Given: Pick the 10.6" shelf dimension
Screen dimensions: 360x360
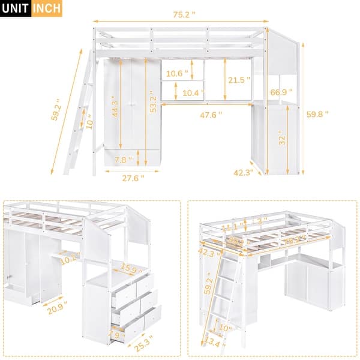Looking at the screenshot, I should click(177, 74).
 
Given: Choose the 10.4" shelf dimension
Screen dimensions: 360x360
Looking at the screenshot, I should click(192, 93).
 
